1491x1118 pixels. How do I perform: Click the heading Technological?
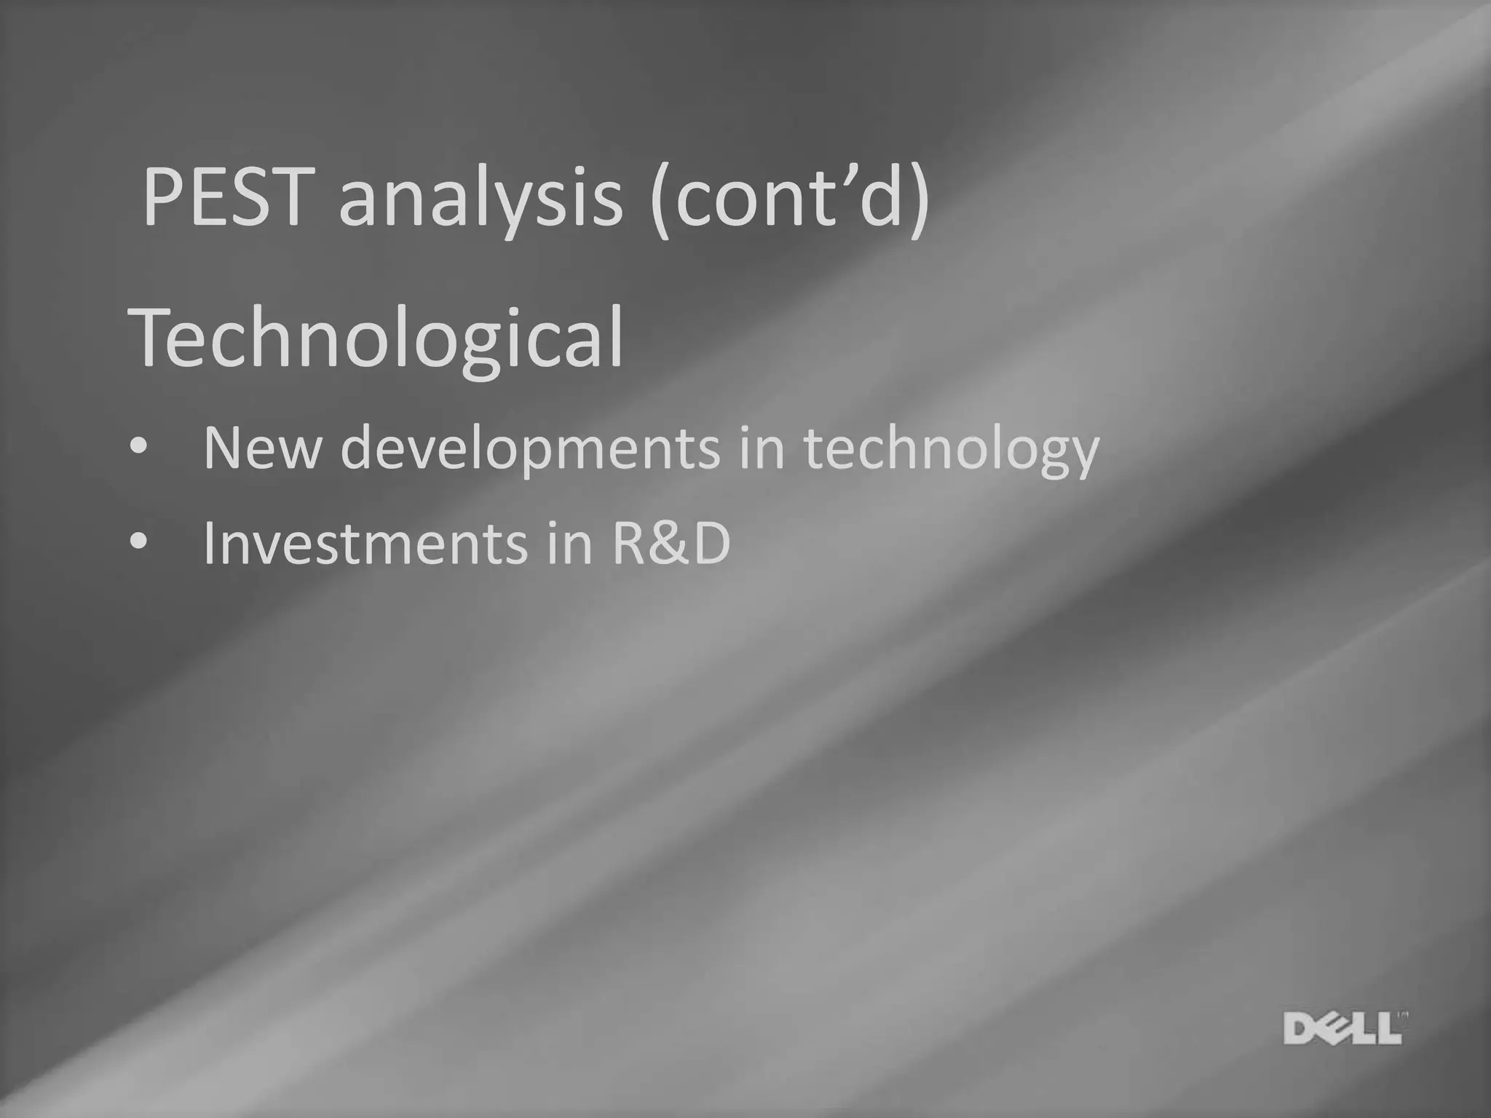click(x=377, y=337)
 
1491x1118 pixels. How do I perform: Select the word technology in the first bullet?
click(x=951, y=448)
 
